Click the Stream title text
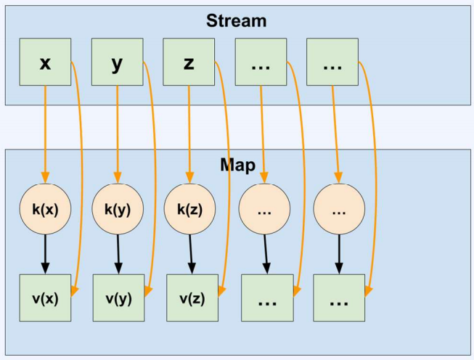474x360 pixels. [x=237, y=21]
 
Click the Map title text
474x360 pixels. [x=237, y=165]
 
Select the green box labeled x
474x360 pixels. [x=45, y=62]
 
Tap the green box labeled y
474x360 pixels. [x=118, y=62]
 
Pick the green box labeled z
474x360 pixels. [x=189, y=62]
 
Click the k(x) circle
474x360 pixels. [x=45, y=209]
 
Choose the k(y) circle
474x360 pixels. [x=118, y=209]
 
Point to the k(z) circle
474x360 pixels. [x=190, y=209]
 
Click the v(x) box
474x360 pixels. [x=45, y=298]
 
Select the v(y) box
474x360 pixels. [x=118, y=298]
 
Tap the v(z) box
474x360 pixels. [x=192, y=298]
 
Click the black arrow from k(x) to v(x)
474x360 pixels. [x=45, y=254]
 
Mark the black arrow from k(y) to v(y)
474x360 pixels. [x=118, y=254]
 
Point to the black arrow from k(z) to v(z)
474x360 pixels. [x=191, y=254]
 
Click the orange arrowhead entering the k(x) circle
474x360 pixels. [x=45, y=178]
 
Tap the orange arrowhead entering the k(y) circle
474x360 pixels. [x=118, y=178]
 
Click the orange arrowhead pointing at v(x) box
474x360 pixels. [x=74, y=291]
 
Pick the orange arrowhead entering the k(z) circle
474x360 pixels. [x=190, y=178]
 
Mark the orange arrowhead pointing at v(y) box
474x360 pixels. [x=147, y=291]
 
